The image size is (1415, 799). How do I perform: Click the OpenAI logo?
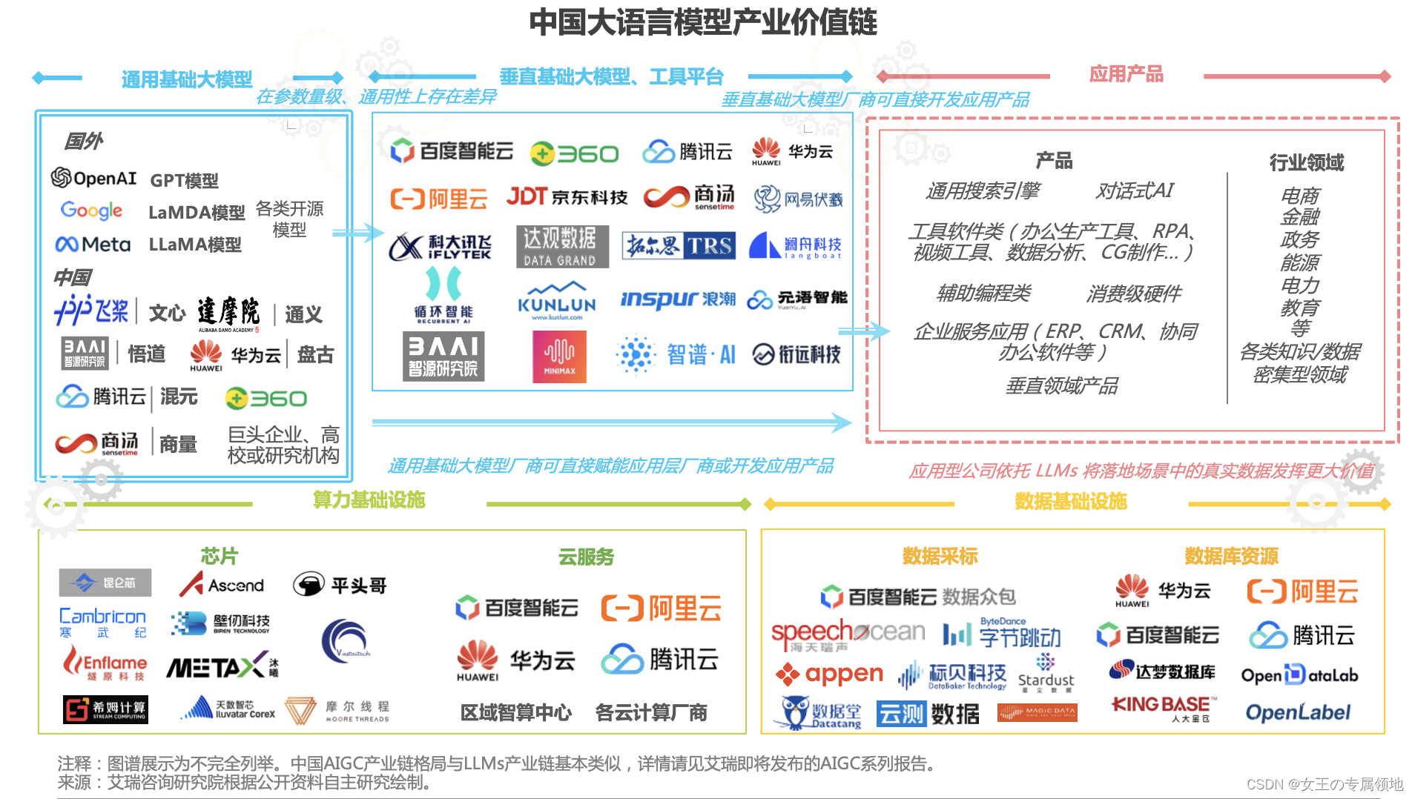tap(93, 178)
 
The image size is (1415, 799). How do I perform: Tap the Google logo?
tap(91, 210)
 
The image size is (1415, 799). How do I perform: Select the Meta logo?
tap(93, 245)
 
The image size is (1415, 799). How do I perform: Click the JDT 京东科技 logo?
tap(567, 196)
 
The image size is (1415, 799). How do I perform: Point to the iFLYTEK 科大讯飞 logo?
tap(440, 247)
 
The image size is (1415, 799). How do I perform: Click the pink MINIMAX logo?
tap(559, 357)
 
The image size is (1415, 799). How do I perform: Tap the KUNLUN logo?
tap(557, 301)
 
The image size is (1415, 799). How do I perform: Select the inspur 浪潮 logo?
tap(678, 299)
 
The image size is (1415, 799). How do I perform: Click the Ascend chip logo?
tap(222, 585)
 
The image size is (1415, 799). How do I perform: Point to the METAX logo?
tap(222, 667)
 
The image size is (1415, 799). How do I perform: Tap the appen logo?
tap(829, 674)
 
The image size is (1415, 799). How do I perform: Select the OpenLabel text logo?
tap(1298, 712)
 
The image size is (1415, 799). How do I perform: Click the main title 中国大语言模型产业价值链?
tap(703, 22)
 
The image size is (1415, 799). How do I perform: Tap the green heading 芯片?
tap(220, 556)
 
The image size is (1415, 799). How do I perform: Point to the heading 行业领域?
tap(1306, 162)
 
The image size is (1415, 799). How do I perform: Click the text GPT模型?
tap(184, 180)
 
